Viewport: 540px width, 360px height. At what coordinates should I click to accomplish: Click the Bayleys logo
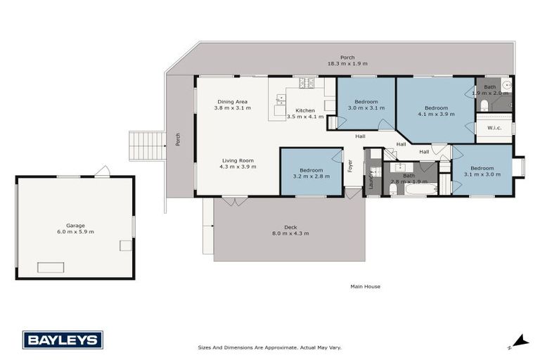coord(63,340)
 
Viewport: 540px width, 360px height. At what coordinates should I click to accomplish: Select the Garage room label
coord(75,228)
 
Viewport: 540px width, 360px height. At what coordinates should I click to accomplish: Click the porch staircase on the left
coord(147,146)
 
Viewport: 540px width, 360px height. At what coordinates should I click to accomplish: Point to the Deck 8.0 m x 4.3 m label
coord(290,230)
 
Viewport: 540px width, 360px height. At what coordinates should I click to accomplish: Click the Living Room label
coord(238,164)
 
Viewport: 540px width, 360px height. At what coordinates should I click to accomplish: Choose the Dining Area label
coord(231,105)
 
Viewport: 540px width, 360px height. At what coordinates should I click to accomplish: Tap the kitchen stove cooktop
coord(307,83)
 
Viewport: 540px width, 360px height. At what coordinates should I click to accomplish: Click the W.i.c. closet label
coord(494,128)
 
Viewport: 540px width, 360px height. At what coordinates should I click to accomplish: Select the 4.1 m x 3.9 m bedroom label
coord(437,111)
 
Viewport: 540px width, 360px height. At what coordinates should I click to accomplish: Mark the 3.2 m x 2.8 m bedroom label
coord(311,174)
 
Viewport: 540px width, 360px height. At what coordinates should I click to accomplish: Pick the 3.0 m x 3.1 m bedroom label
coord(366,105)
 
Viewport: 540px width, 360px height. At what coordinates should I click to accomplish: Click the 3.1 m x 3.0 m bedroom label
coord(482,172)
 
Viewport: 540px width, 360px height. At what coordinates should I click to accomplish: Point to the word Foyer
coord(349,166)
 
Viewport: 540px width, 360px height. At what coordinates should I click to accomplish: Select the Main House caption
coord(366,286)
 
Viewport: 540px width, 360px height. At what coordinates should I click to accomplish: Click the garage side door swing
coord(103,171)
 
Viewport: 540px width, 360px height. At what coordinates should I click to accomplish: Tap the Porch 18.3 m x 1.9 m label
coord(341,60)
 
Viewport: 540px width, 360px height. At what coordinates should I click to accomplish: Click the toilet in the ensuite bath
coord(484,105)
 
